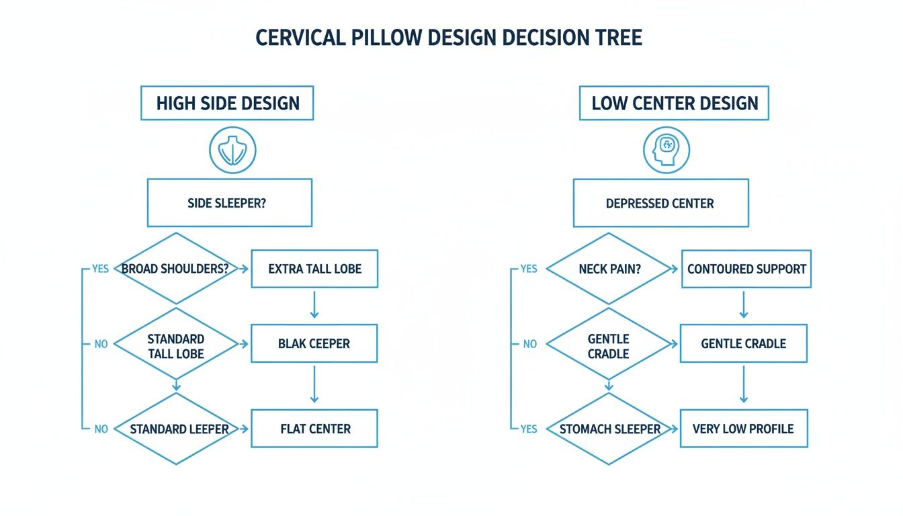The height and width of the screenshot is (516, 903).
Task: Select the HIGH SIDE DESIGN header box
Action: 227,103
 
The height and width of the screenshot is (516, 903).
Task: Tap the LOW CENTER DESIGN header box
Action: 675,103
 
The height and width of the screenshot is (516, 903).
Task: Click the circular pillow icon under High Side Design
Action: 232,150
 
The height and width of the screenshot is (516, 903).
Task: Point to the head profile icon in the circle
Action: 666,149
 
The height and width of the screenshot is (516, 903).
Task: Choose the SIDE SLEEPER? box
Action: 229,202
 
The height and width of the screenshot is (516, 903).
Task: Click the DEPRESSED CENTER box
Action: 660,203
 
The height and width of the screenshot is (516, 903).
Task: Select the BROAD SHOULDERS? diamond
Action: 175,269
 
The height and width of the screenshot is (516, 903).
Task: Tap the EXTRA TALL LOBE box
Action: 314,269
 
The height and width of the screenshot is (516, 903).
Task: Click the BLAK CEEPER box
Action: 314,343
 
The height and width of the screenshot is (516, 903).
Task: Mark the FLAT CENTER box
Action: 314,429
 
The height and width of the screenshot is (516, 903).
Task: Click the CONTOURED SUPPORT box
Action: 746,269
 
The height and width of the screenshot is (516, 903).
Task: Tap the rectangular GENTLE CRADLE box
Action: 743,343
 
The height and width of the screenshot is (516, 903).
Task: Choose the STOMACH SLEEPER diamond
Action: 610,429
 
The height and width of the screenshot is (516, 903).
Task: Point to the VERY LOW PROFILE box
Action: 743,429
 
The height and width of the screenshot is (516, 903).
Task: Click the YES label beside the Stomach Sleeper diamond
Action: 529,429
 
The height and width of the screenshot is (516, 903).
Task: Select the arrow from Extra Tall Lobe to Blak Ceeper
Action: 314,305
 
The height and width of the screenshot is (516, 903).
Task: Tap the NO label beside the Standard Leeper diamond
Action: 101,429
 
